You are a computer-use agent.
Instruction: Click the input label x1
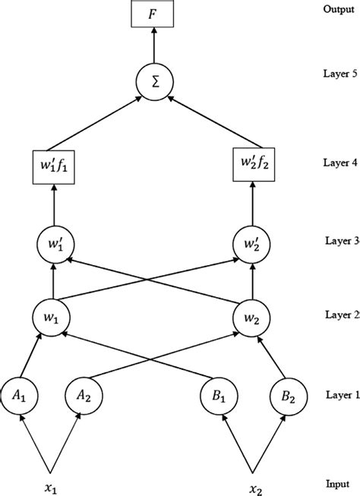click(52, 484)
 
